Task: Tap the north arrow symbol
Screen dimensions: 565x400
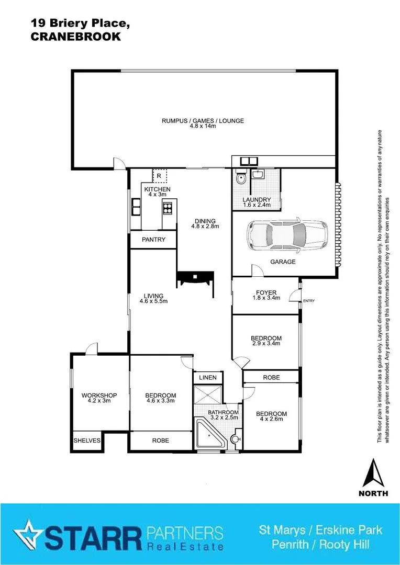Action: pos(373,473)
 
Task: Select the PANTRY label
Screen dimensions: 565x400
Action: pos(154,240)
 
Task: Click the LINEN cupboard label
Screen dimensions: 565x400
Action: pos(207,377)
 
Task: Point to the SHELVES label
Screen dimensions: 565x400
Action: pos(87,440)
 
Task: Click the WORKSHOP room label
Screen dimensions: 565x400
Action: pos(99,395)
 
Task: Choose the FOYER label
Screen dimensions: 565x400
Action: pos(266,292)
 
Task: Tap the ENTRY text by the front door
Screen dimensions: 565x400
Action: pos(309,300)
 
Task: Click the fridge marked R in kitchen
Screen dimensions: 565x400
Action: pos(159,176)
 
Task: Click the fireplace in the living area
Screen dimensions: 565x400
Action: pos(195,278)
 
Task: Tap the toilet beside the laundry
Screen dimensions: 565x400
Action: pos(240,178)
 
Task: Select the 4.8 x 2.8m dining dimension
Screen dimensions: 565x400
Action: pos(205,227)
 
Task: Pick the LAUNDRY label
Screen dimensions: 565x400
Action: pos(257,199)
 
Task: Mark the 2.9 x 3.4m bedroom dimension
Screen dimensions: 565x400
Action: pos(266,344)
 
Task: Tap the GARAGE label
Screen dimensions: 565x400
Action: pos(283,262)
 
